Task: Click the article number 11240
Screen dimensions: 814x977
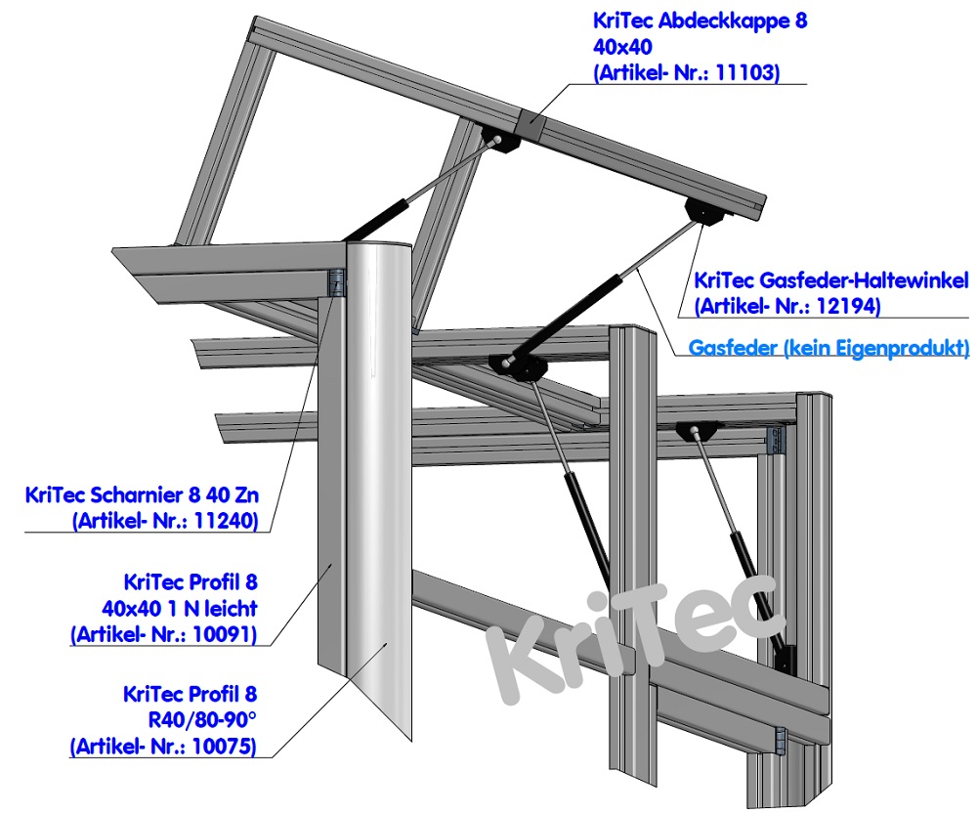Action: click(x=228, y=522)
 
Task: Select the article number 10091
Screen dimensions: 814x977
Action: click(x=228, y=635)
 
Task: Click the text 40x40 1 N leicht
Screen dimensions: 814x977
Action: click(x=180, y=608)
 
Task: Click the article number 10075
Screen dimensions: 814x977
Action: click(x=228, y=749)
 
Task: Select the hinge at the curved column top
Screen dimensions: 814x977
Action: click(x=336, y=282)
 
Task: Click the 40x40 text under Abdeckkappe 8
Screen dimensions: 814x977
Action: click(x=621, y=46)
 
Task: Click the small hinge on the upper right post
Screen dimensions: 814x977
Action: click(x=779, y=439)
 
